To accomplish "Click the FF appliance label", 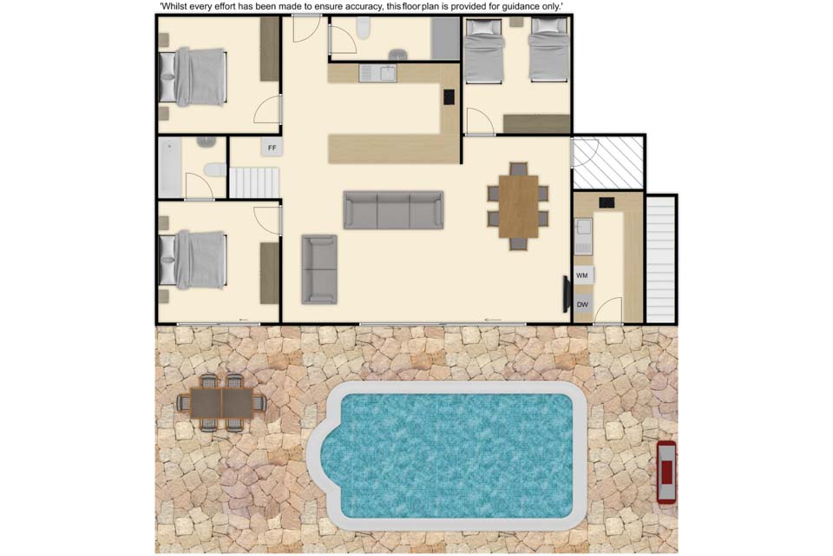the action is [x=272, y=148].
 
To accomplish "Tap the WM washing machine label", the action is [x=581, y=275].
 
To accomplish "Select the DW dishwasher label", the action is [x=582, y=305].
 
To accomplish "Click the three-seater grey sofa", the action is [x=393, y=210].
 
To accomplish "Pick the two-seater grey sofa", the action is [x=319, y=269].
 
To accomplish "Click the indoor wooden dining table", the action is [x=519, y=207].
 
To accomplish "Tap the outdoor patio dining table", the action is [x=221, y=403].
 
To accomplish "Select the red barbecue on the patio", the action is [x=666, y=472].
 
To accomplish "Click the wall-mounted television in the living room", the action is [x=567, y=295].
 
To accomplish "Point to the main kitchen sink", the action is [x=377, y=74].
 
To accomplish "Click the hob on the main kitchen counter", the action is [x=449, y=96].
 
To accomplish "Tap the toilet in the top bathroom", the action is [x=364, y=29].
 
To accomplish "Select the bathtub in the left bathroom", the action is [x=170, y=168].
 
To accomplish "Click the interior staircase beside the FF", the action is [x=254, y=182].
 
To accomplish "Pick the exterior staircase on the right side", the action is [x=660, y=260].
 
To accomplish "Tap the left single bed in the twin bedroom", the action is [x=484, y=50].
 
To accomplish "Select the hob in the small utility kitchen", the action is [x=607, y=202].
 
